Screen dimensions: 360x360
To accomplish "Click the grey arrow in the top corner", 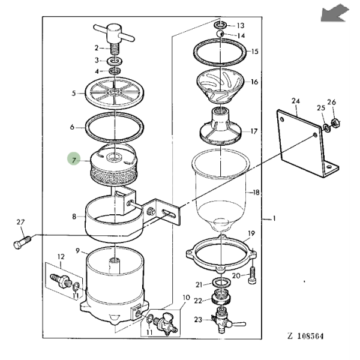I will pos(334,13).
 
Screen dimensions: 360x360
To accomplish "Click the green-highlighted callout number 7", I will pos(74,160).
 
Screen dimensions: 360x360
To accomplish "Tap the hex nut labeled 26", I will pos(336,124).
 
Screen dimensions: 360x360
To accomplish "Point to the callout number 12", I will pos(60,256).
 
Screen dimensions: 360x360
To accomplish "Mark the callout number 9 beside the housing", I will pos(78,251).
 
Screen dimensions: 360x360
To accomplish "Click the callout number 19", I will pos(251,233).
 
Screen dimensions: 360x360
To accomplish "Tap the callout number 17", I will pos(254,131).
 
